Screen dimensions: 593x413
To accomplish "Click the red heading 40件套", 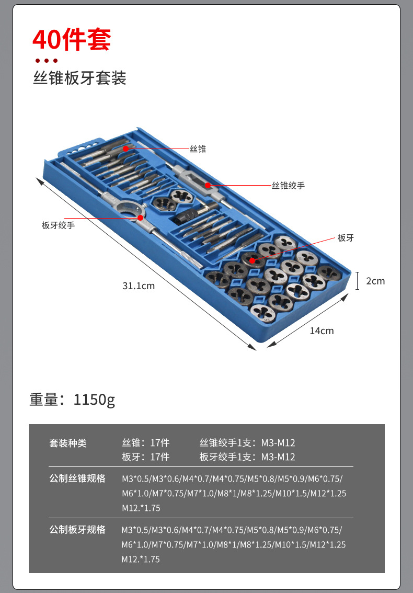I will click(72, 40).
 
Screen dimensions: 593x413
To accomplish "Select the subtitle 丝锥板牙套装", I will click(79, 78).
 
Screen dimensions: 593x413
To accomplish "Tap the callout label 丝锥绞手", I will click(288, 186).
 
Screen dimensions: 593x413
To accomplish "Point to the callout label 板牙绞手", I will click(58, 225).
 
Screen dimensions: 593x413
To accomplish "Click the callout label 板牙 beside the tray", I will click(346, 238).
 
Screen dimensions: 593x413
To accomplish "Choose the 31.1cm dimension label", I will click(139, 286).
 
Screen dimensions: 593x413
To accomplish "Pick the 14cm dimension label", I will click(322, 330).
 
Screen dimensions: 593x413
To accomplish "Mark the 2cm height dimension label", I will click(375, 281).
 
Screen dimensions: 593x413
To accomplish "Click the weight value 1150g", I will click(94, 400).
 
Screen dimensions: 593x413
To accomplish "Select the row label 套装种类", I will click(68, 443).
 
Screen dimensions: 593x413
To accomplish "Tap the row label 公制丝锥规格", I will click(77, 478).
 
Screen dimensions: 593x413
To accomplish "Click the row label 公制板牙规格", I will click(77, 530).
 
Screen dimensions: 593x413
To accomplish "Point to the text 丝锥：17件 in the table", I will click(146, 443).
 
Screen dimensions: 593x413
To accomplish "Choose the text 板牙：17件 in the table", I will click(146, 457).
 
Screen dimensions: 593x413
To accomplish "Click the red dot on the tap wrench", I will click(208, 185).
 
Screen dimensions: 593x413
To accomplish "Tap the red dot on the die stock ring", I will click(141, 218).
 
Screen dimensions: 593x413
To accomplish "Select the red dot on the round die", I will click(253, 260).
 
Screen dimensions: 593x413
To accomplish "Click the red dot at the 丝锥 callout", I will click(126, 149).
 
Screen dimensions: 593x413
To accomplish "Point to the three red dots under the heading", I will click(46, 61).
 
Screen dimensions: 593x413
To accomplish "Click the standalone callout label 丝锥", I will click(198, 149).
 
